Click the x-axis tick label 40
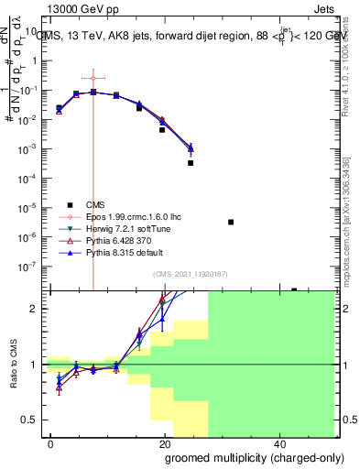click(278, 443)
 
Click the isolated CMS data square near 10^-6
click(231, 222)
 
